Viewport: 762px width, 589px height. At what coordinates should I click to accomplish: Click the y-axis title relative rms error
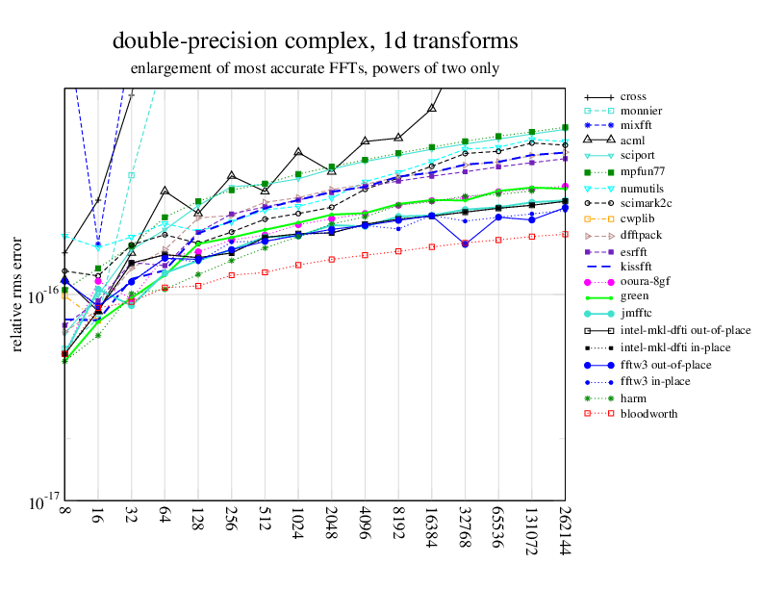click(x=17, y=293)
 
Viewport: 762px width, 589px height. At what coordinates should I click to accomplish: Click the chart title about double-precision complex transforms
click(x=315, y=41)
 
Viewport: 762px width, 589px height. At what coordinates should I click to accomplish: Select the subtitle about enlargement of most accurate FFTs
click(x=315, y=69)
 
